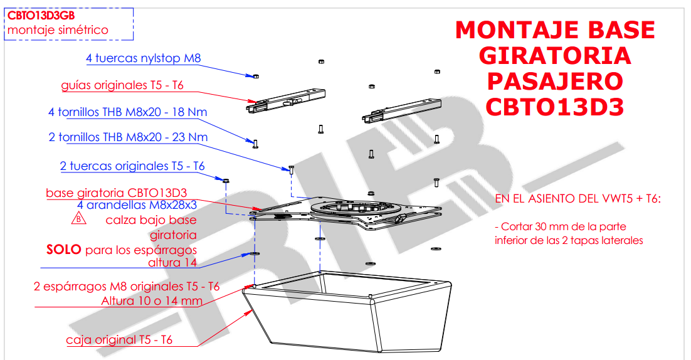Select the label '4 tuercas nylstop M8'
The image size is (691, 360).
click(x=143, y=58)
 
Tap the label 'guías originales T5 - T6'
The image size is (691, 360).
click(x=122, y=85)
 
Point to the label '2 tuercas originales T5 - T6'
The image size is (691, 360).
click(x=132, y=166)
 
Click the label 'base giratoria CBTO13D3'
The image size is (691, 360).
click(x=116, y=193)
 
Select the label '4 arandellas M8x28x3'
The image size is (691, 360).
click(x=137, y=205)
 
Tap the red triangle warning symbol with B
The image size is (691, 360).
click(x=76, y=220)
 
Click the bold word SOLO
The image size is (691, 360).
click(x=63, y=250)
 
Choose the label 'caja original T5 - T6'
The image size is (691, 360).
click(x=119, y=341)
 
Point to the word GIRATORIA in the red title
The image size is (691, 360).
click(x=554, y=55)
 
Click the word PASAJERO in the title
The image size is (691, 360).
click(x=554, y=81)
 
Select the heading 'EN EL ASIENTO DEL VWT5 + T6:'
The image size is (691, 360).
click(x=578, y=199)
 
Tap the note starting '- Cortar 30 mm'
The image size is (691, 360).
click(x=568, y=233)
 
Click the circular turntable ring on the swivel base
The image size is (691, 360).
click(x=354, y=208)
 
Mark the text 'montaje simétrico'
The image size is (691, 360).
click(x=58, y=30)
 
